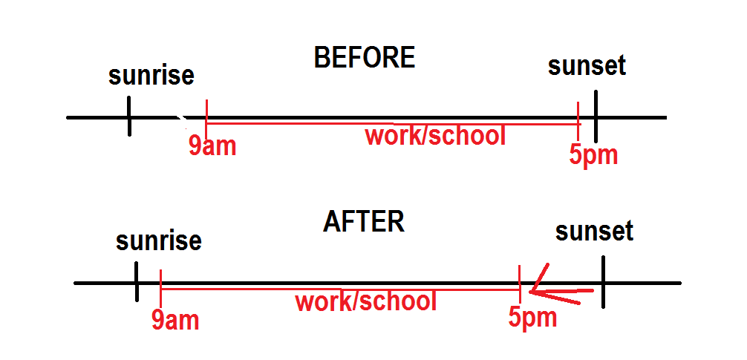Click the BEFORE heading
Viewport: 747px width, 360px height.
(364, 58)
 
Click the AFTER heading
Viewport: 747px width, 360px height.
(364, 222)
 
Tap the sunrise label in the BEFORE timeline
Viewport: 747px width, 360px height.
(151, 76)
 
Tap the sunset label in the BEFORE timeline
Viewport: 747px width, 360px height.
(587, 65)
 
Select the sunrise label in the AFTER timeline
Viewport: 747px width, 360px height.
(159, 241)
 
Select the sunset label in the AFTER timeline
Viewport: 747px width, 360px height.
(594, 232)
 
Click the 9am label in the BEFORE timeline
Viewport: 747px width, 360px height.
(212, 146)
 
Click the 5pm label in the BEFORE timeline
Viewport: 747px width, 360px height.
(593, 156)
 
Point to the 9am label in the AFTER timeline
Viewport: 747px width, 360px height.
(175, 320)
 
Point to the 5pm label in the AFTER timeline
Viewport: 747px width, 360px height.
(532, 317)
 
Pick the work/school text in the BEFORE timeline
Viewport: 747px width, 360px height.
(435, 136)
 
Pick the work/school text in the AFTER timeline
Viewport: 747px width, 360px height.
(365, 302)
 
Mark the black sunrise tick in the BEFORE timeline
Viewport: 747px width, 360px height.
(129, 117)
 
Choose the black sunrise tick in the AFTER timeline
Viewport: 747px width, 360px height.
(137, 283)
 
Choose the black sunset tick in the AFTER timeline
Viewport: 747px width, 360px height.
(603, 282)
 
